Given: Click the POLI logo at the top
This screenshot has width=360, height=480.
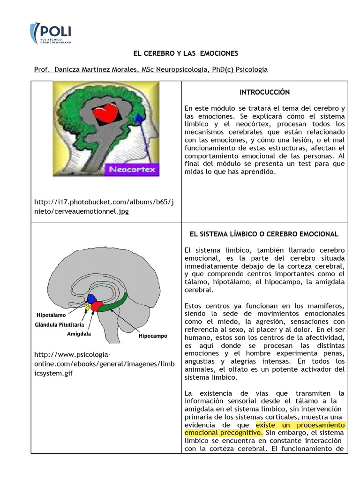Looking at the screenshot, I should point(50,34).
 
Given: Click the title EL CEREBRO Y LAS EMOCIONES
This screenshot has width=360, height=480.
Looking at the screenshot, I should point(180,53).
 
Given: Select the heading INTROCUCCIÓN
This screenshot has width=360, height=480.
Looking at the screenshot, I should point(264,92).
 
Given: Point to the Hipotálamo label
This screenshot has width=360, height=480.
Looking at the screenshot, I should point(51,315).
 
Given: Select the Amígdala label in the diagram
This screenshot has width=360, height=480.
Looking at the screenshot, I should point(79,334).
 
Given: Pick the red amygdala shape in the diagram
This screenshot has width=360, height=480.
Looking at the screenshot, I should point(97,306).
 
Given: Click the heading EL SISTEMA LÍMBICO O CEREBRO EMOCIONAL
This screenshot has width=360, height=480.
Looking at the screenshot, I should point(264,234).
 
